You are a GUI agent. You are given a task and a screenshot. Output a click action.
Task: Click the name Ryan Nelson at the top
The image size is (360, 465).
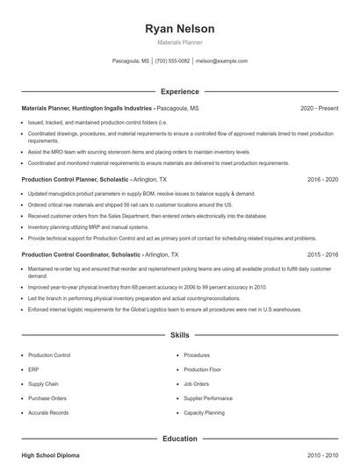179,29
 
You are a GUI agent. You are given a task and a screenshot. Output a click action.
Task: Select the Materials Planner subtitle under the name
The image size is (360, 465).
179,43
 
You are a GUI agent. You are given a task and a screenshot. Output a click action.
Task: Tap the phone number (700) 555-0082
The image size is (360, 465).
172,61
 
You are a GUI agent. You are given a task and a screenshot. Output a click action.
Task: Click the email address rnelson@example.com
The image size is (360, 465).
221,61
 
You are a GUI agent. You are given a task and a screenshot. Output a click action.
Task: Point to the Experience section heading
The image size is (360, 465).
179,91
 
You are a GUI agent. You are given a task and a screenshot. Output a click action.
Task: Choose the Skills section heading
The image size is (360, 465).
179,335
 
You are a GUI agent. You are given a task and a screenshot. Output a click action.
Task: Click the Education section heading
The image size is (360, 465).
179,438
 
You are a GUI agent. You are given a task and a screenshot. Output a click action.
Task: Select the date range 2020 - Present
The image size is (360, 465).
319,108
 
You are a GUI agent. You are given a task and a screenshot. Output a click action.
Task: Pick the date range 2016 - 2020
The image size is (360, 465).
322,179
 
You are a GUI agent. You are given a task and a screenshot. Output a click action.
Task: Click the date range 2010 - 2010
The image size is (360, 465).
322,455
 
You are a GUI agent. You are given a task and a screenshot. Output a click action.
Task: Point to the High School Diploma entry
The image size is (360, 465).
51,455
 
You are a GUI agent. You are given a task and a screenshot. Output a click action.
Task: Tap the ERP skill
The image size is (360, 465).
33,369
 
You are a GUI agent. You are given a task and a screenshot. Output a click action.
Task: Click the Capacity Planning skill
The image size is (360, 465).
204,411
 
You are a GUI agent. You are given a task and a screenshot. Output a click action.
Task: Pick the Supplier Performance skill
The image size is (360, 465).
208,397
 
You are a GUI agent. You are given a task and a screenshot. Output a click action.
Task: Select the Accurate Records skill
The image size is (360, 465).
47,411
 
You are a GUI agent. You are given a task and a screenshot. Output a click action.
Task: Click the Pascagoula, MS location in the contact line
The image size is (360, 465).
131,61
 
